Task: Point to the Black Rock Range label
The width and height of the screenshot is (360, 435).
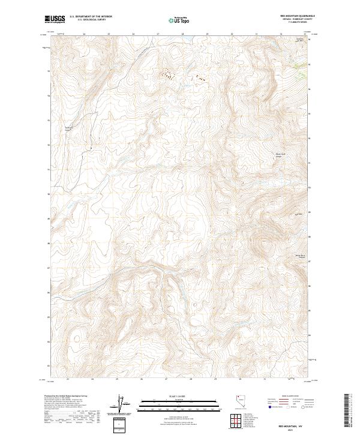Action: [280, 155]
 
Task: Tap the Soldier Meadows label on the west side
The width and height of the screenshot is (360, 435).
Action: [69, 128]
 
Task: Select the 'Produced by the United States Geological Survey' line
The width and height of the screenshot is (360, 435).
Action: [68, 397]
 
